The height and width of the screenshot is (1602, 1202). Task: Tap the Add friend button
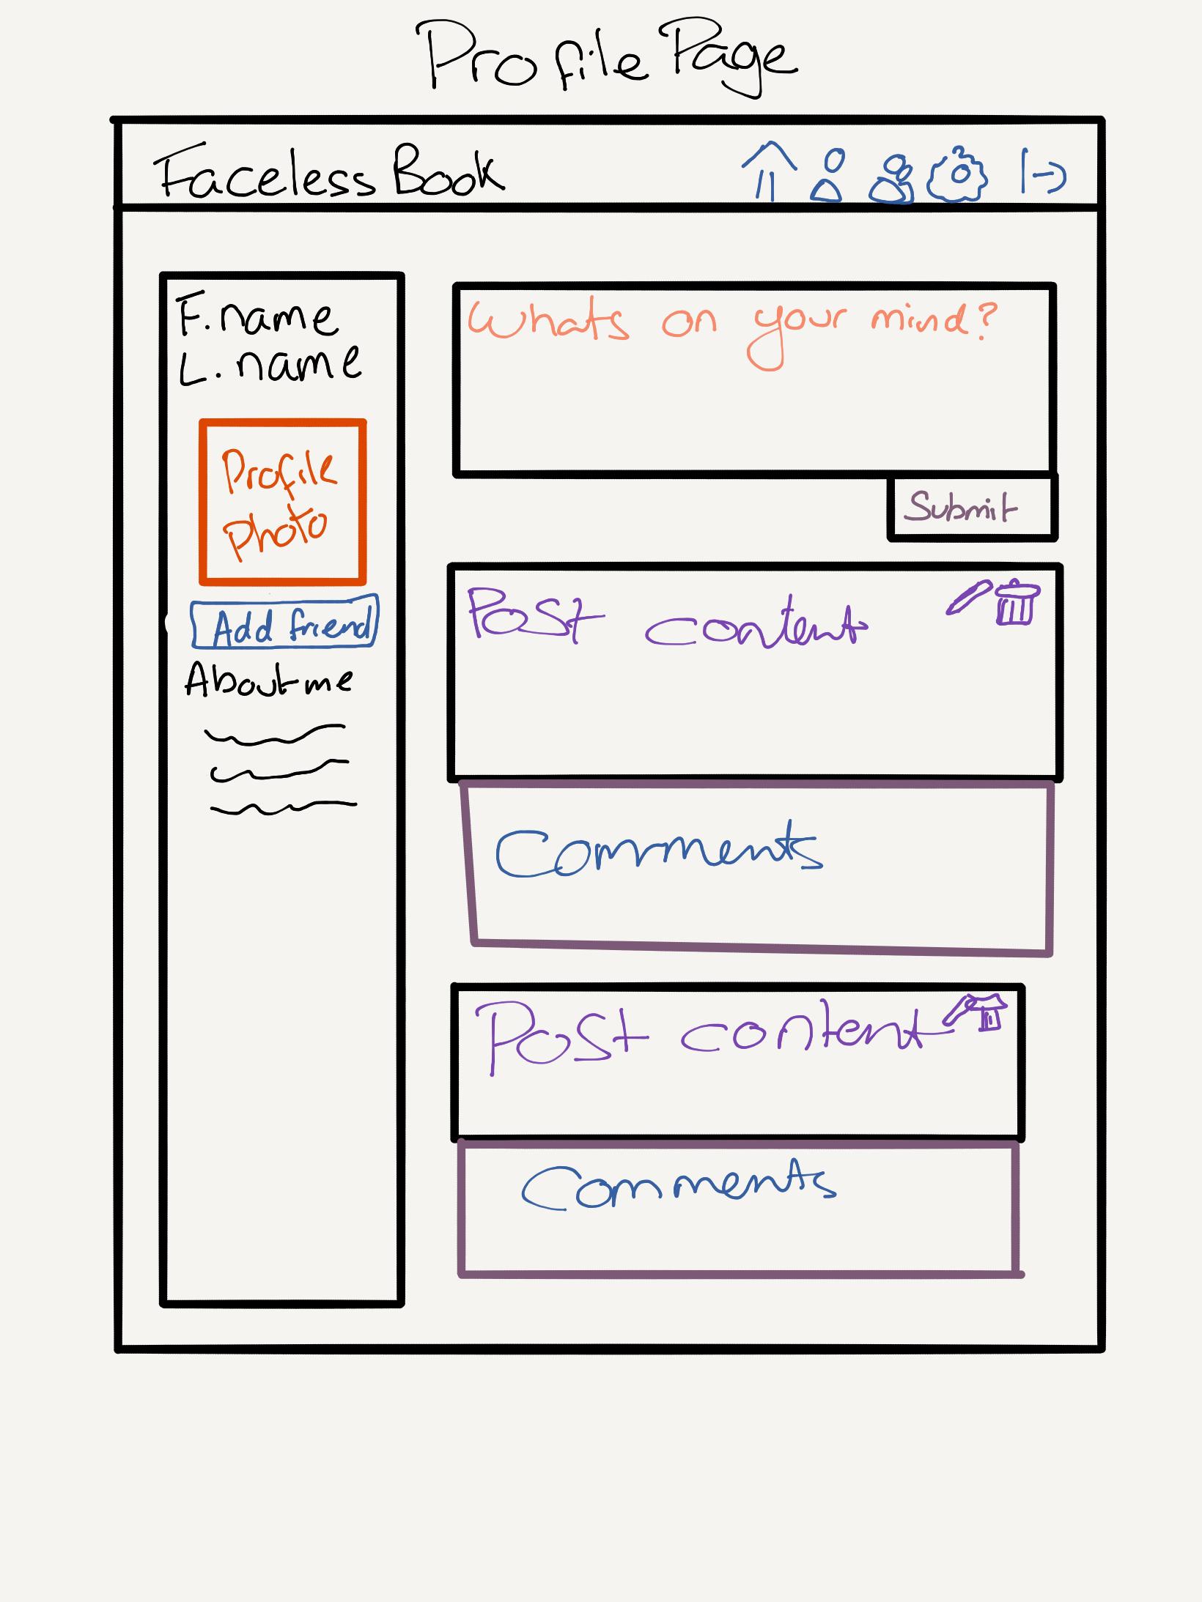[x=284, y=625]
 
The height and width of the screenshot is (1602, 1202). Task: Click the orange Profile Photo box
[x=282, y=503]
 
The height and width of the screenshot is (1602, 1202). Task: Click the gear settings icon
[x=958, y=176]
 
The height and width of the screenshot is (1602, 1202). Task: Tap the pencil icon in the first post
[x=969, y=598]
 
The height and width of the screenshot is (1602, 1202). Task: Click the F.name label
[x=257, y=316]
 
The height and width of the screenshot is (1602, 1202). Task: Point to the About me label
[x=268, y=680]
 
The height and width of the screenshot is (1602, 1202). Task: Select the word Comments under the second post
[x=678, y=1184]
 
